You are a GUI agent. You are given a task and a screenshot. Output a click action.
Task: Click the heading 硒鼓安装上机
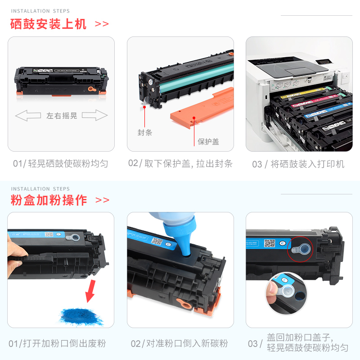48,24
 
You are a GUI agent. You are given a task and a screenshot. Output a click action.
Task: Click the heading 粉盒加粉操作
49,200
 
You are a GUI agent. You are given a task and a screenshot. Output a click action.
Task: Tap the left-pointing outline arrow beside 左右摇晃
28,115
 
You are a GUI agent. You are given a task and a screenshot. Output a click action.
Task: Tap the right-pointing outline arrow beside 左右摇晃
94,115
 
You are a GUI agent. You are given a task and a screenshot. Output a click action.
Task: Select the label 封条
144,132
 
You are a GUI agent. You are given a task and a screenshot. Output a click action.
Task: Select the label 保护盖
208,142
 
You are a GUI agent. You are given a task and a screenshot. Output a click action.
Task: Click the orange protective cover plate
202,108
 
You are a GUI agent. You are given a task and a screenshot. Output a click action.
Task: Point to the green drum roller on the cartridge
196,77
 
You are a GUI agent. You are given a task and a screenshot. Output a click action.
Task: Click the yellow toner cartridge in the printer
306,93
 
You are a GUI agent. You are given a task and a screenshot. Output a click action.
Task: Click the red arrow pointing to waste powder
90,291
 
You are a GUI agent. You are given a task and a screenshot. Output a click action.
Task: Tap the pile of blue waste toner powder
81,317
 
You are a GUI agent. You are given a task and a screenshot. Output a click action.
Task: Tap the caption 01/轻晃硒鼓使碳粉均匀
61,164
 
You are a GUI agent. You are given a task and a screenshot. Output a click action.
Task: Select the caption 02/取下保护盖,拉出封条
180,163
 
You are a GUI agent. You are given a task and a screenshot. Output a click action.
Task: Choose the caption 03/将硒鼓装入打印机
298,164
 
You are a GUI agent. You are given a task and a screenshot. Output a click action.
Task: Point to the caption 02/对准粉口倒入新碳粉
179,343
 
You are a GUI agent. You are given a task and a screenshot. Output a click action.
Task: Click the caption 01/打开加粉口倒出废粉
57,343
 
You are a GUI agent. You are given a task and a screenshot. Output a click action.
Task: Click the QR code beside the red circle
270,243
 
